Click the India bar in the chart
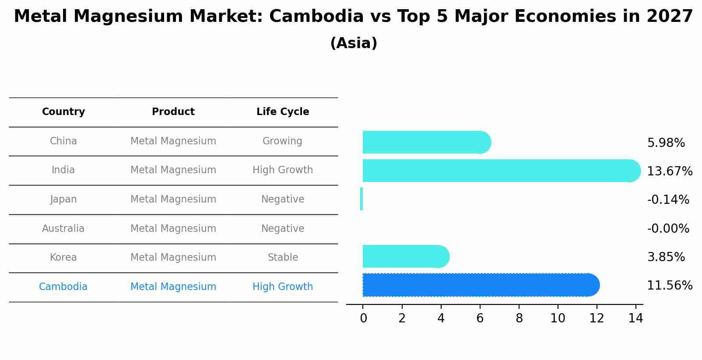tap(499, 171)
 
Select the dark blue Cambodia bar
tap(479, 285)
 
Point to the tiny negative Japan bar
tap(362, 199)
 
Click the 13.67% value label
tap(670, 171)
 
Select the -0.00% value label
tap(668, 228)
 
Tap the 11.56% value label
tap(670, 286)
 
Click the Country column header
tap(63, 112)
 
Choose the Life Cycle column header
tap(283, 112)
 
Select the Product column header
tap(173, 112)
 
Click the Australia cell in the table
tap(63, 228)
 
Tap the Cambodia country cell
tap(63, 287)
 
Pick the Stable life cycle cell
tap(283, 257)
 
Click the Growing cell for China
tap(282, 141)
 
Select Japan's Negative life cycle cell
tap(283, 199)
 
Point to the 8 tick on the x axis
tap(519, 318)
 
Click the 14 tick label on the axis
tap(635, 318)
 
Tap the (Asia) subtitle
tap(354, 43)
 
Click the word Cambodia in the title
tap(316, 17)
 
